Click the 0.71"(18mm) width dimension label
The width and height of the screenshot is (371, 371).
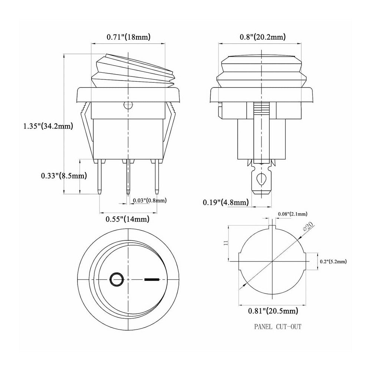pos(128,37)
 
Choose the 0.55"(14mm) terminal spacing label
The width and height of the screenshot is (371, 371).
pos(128,219)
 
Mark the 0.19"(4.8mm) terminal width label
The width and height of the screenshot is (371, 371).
pos(226,202)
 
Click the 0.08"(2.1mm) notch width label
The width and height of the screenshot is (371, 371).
pos(292,214)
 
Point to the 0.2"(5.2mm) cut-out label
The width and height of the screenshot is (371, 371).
pos(333,261)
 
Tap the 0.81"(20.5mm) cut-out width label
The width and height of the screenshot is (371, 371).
pos(273,310)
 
